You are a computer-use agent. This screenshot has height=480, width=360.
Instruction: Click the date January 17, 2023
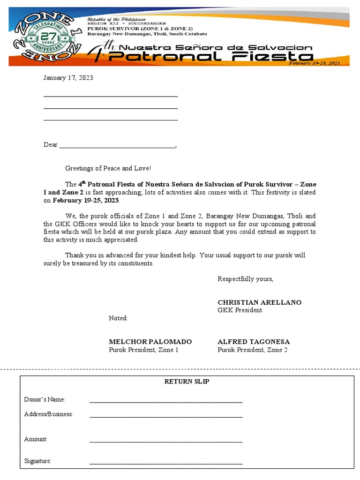(x=68, y=78)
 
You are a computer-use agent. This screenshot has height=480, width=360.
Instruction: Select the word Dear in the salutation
(x=51, y=145)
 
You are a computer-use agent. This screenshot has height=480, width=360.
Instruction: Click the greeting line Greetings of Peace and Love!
(x=108, y=168)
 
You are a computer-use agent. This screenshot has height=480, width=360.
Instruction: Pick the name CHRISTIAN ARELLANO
(x=259, y=302)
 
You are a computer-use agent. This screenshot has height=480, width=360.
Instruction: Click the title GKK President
(x=240, y=310)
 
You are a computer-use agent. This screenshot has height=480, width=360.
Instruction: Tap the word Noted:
(x=118, y=318)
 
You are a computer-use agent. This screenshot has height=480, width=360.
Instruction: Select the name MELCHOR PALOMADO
(x=150, y=342)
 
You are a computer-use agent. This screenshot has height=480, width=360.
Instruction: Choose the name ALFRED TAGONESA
(x=254, y=342)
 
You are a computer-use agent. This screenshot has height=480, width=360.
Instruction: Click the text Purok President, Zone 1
(x=143, y=350)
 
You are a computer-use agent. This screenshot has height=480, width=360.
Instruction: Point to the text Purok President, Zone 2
(x=252, y=350)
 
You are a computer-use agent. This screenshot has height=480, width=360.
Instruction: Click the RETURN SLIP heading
(x=187, y=382)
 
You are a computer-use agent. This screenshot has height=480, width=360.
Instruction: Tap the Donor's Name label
(x=45, y=399)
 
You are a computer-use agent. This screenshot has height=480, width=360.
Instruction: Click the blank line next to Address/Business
(x=166, y=415)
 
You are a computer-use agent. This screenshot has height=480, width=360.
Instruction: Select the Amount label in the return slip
(x=36, y=439)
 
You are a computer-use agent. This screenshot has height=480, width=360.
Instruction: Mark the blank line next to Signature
(x=166, y=463)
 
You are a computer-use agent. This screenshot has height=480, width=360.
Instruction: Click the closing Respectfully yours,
(x=245, y=279)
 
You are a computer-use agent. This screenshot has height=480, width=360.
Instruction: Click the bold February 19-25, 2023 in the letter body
(x=86, y=200)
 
